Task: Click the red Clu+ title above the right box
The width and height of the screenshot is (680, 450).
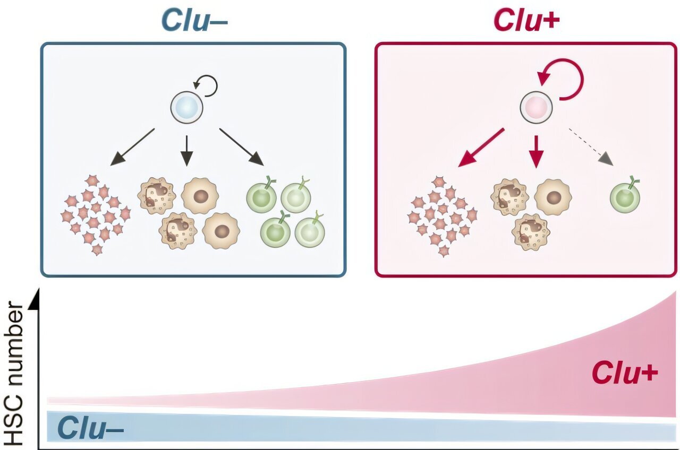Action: pos(527,20)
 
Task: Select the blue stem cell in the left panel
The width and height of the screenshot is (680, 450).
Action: pos(187,107)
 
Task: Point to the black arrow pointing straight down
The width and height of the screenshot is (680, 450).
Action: pos(186,150)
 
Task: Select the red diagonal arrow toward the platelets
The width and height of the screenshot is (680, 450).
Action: pos(481,147)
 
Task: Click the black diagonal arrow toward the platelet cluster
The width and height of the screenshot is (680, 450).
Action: pos(133,146)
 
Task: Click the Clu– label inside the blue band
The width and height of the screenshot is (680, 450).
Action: pos(90,428)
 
